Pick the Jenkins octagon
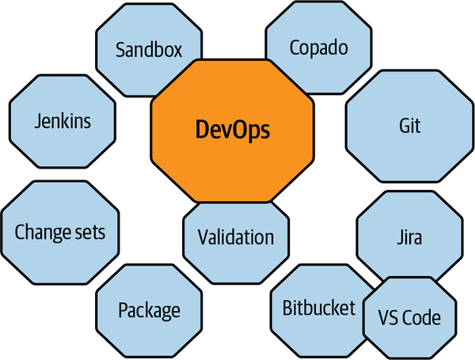pos(63,122)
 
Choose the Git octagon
pos(409,127)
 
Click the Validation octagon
pos(236,237)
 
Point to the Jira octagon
pos(408,237)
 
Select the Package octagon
pos(149,309)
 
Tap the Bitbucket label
pos(319,308)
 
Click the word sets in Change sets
pos(91,233)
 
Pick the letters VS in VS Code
pos(386,318)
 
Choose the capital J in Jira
pos(398,237)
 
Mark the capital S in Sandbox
pos(120,51)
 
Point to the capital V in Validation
pos(203,237)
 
